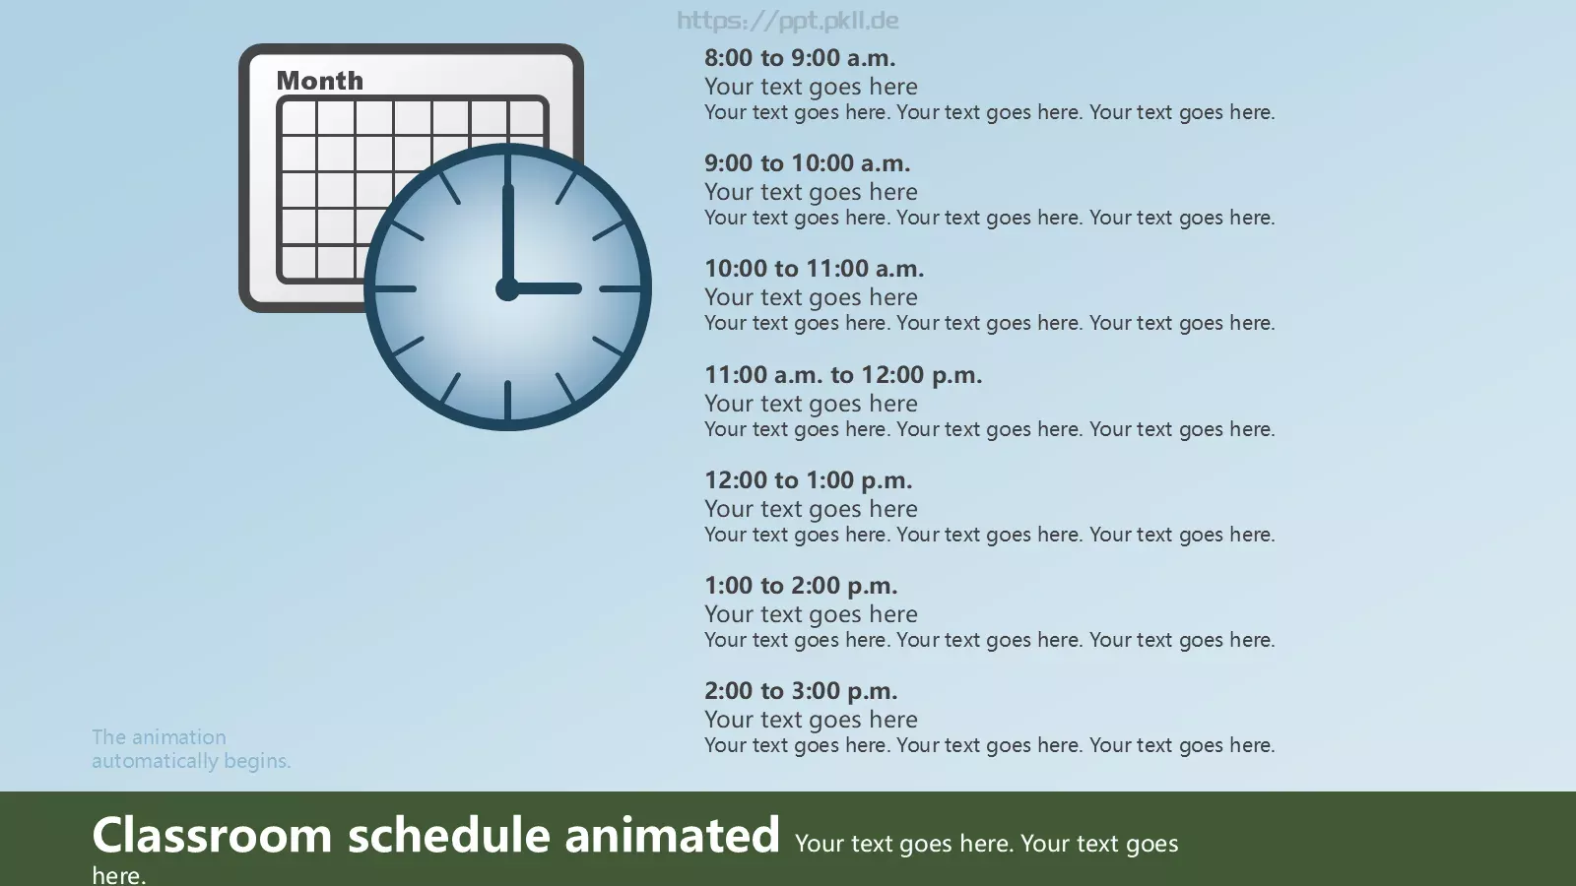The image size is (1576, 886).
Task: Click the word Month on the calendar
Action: (x=319, y=81)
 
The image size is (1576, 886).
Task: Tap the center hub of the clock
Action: (x=507, y=289)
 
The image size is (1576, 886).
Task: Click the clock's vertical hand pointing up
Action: (x=507, y=235)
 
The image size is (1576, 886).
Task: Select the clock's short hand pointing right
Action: (x=544, y=289)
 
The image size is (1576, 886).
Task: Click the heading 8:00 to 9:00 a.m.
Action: (x=800, y=58)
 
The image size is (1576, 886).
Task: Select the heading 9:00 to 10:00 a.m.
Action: (x=807, y=163)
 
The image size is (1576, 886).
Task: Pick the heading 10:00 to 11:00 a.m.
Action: (x=814, y=269)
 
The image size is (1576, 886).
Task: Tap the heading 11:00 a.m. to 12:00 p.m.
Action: (x=843, y=375)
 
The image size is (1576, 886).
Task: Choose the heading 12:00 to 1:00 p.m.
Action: (x=809, y=480)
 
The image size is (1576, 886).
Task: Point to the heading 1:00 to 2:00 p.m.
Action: (x=801, y=585)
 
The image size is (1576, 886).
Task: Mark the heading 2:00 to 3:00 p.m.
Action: (x=801, y=690)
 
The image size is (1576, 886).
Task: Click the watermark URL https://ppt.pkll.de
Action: (x=788, y=21)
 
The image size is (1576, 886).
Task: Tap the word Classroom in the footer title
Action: (x=212, y=835)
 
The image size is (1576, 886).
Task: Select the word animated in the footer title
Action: (x=672, y=835)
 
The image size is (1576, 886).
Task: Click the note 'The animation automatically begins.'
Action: (x=191, y=749)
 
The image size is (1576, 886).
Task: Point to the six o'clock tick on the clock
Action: (x=507, y=400)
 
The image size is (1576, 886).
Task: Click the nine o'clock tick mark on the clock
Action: (x=395, y=289)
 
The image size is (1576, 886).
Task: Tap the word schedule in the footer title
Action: (x=449, y=835)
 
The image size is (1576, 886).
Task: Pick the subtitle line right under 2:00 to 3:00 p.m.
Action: (x=812, y=720)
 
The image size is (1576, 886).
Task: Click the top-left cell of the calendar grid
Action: (x=299, y=116)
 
